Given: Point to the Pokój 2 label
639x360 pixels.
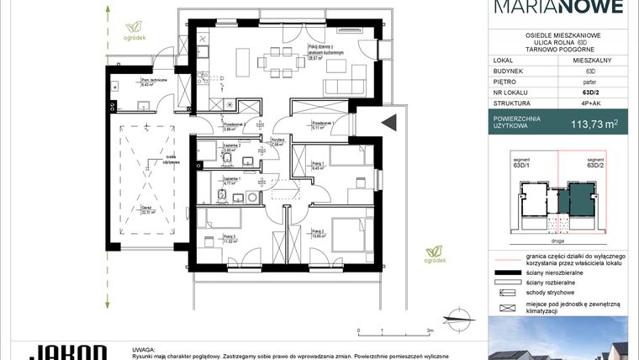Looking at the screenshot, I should point(316,233).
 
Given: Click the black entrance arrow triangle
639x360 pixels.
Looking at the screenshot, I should point(389,123).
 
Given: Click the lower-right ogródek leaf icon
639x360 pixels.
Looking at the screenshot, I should point(434,251).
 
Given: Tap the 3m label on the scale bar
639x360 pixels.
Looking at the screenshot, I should point(430,332).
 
